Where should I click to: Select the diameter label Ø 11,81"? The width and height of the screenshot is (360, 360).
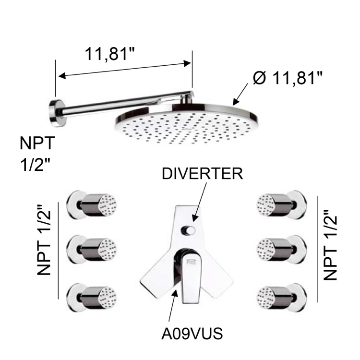[287, 78]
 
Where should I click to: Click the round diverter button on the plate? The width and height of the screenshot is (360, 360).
[189, 231]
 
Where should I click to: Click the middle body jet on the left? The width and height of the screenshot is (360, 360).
[93, 248]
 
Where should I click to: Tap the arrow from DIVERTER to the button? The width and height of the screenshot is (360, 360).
[199, 202]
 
